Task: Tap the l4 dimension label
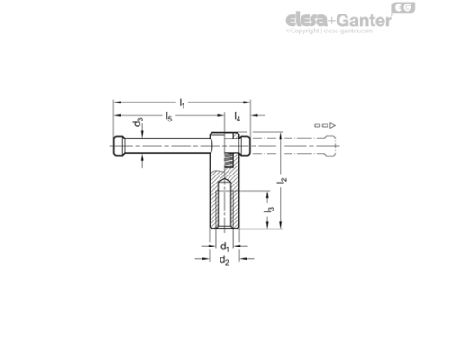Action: (x=237, y=117)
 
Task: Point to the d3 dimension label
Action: (x=137, y=123)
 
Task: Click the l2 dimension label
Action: (x=282, y=180)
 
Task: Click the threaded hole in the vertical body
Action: (x=225, y=205)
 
